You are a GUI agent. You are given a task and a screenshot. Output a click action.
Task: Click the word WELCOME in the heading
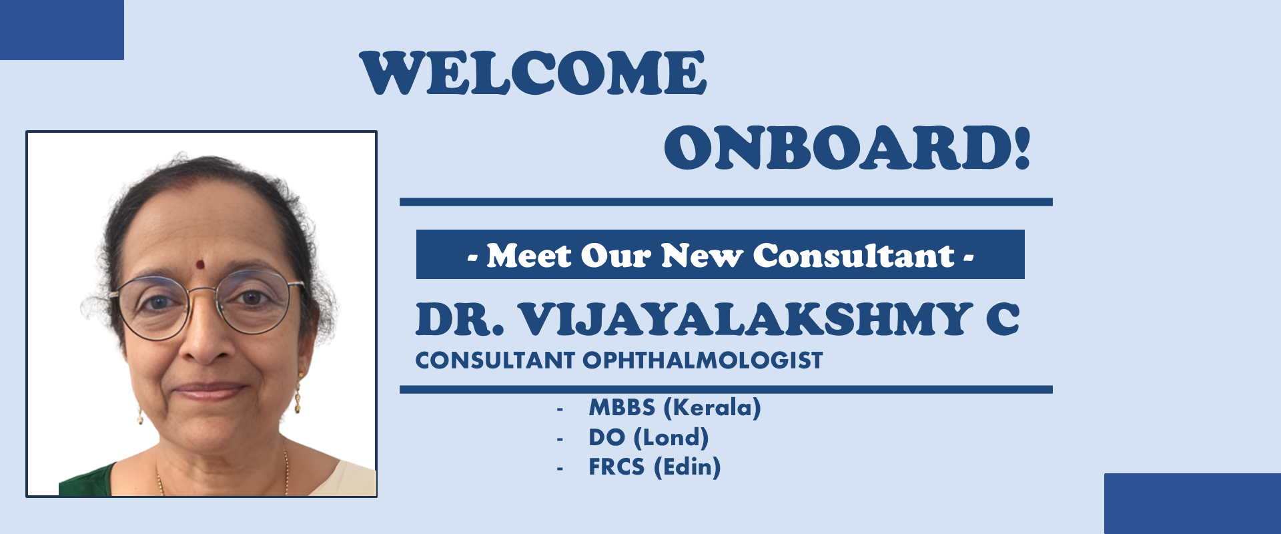pos(533,73)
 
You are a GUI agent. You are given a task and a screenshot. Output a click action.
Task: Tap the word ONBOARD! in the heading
pos(847,148)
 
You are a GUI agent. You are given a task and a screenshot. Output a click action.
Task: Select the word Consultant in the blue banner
pos(854,256)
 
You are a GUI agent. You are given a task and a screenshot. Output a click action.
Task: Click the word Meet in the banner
pos(529,256)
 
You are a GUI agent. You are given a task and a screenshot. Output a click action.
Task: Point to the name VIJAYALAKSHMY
pos(745,319)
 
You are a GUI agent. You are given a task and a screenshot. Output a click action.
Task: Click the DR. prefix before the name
pos(460,319)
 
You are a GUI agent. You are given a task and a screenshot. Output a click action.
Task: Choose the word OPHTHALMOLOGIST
pos(703,360)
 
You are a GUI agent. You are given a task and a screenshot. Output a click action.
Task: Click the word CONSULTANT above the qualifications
pos(494,360)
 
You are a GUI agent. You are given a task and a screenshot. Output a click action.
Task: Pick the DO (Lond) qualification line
pos(649,438)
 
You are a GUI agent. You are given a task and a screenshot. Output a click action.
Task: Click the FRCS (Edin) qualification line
pos(655,467)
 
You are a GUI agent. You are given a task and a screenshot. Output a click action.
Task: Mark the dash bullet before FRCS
pos(560,469)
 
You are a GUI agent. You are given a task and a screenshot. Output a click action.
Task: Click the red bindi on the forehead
pos(199,264)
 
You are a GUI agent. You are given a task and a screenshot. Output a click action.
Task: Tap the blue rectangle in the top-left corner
pos(62,30)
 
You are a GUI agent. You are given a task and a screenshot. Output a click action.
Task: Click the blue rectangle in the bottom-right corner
pos(1192,504)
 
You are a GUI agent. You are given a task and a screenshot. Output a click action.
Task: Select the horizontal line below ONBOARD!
pos(726,202)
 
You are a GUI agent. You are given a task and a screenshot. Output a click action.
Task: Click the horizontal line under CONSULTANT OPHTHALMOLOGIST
pos(726,390)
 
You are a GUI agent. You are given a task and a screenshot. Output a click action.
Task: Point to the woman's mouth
pos(209,389)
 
